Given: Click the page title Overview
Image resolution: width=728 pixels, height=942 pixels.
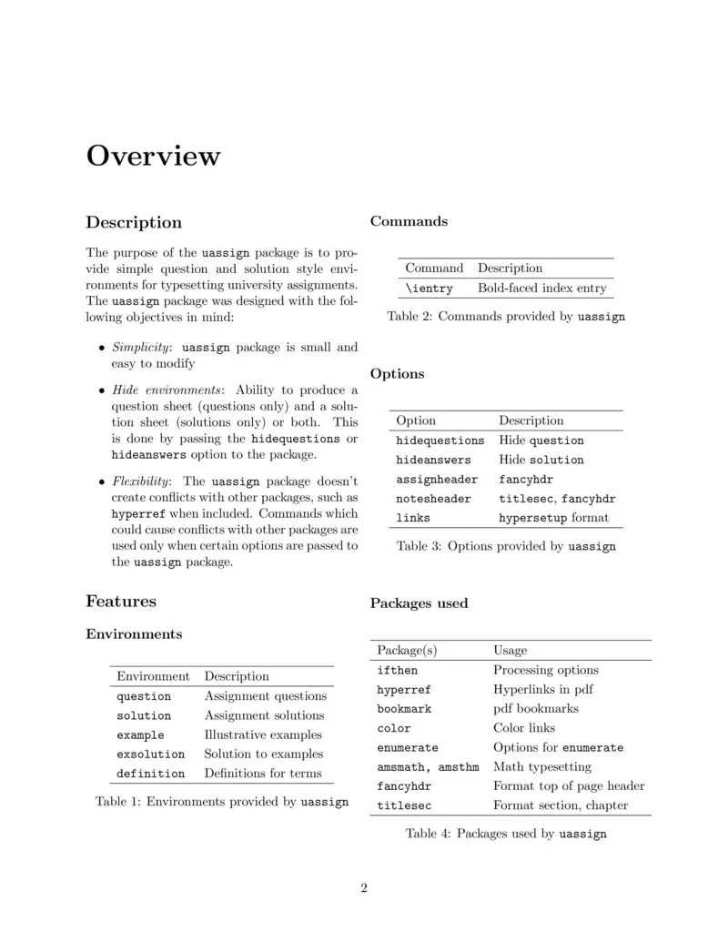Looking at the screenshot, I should click(x=153, y=156).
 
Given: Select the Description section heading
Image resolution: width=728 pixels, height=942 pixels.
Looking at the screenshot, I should click(x=134, y=222).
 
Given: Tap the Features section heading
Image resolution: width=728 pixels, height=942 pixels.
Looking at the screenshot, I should click(x=121, y=601).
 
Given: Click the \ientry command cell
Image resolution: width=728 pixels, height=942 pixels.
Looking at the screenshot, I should click(x=429, y=289).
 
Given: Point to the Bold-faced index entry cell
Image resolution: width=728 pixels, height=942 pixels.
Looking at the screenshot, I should click(x=541, y=289).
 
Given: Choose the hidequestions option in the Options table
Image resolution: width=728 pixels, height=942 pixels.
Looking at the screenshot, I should click(x=440, y=441).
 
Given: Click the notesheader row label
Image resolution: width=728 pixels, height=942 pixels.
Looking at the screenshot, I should click(x=433, y=499).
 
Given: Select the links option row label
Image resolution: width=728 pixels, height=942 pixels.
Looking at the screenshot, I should click(x=413, y=518).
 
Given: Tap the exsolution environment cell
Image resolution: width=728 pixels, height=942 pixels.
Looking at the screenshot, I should click(x=150, y=755).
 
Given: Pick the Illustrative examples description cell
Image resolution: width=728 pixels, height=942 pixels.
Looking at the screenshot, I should click(x=263, y=734).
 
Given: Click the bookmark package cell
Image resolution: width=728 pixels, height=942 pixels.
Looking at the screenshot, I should click(x=404, y=709).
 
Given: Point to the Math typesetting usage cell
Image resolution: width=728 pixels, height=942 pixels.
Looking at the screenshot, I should click(x=541, y=767).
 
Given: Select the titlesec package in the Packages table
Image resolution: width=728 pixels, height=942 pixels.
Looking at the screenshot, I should click(x=404, y=806).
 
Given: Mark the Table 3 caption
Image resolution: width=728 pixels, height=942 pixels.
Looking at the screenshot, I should click(x=506, y=547).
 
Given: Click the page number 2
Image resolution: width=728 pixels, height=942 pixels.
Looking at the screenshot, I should click(x=364, y=888).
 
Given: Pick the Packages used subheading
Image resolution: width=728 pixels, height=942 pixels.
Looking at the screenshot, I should click(x=419, y=603).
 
